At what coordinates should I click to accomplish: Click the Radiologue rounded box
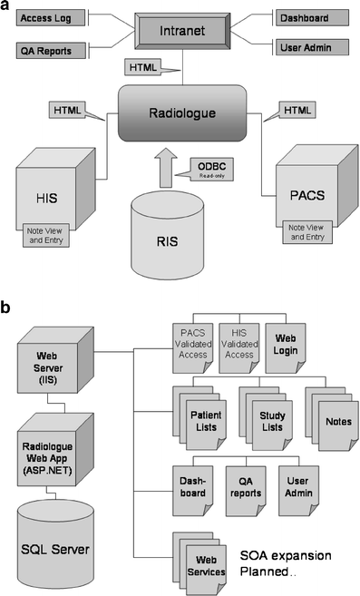point(182,112)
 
